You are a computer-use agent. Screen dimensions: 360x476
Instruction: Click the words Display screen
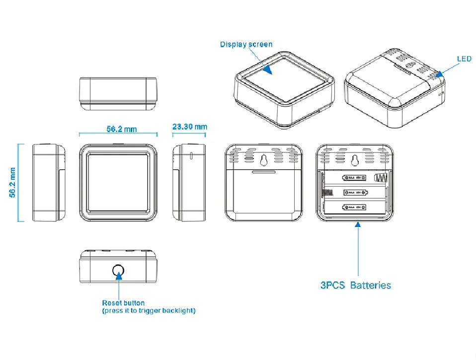coord(246,45)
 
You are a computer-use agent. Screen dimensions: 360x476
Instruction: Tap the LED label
coord(464,59)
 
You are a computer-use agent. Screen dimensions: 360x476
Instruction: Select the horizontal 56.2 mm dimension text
coord(121,129)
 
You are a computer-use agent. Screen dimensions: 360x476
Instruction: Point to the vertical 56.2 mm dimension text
coord(12,183)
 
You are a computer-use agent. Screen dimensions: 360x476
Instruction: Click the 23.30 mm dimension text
coord(189,127)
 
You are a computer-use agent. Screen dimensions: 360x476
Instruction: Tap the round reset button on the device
coord(118,271)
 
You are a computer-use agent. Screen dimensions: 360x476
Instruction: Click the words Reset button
coord(123,303)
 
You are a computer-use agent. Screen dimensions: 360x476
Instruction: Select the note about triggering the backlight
coord(149,311)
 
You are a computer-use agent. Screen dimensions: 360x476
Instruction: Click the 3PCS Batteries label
coord(355,286)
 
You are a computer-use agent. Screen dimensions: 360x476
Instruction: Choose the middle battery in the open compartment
coord(355,192)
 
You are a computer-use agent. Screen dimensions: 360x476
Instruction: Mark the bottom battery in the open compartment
coord(355,207)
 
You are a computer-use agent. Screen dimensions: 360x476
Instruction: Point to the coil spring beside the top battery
coord(381,177)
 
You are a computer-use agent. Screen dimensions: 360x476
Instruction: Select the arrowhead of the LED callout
coord(439,74)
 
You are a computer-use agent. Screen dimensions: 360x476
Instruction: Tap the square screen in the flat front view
coord(118,183)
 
